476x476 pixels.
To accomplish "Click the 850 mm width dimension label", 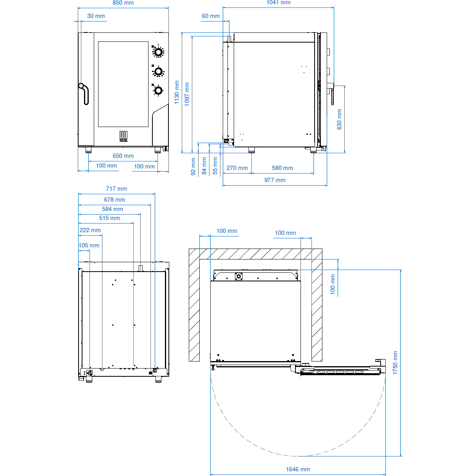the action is point(123,3).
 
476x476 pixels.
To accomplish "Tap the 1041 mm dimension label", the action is point(278,2).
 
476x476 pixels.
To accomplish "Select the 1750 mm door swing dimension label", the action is point(395,363).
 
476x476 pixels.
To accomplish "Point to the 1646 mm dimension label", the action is point(298,469).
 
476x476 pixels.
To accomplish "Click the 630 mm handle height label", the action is point(339,119).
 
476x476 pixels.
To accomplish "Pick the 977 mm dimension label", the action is point(275,180).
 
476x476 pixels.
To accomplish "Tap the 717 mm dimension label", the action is point(116,189).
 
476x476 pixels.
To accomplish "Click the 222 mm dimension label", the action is point(90,230).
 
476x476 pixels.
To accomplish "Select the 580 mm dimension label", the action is point(282,168).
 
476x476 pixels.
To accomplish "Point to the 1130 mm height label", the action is point(177,92).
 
